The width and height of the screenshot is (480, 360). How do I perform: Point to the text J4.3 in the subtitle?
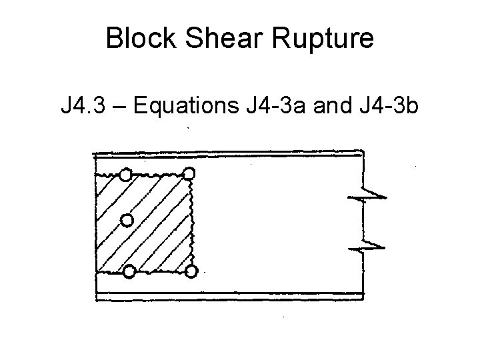coord(82,105)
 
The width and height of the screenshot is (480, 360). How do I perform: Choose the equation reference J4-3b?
coord(387,105)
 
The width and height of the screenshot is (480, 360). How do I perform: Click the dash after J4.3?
coord(119,105)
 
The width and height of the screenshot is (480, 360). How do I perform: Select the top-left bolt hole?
coord(125,175)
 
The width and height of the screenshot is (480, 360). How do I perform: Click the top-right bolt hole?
coord(189,174)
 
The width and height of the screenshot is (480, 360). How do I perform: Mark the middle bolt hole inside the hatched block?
coord(127,219)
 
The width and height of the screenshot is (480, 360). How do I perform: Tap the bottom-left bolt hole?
coord(129,271)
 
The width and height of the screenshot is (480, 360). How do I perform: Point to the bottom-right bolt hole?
coord(191,271)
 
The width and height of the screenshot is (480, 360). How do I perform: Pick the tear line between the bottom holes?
coord(160,271)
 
